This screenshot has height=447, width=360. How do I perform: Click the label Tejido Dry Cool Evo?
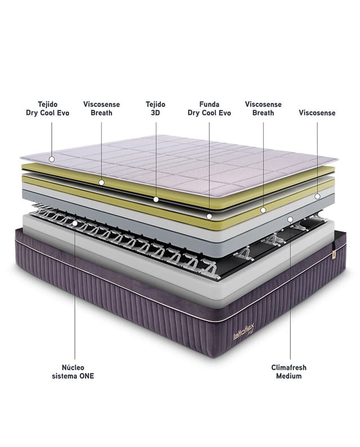[48, 108]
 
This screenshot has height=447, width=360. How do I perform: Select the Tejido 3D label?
[155, 108]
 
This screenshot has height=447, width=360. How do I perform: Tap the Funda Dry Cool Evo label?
[209, 108]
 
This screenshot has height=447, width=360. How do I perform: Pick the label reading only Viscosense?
[317, 113]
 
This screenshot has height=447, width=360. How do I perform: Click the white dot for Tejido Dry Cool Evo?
[52, 159]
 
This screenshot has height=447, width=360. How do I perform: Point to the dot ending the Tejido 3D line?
[156, 199]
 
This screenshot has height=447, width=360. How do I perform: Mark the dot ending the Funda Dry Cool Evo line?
[209, 216]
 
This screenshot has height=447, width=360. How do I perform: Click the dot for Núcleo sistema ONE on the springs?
[75, 223]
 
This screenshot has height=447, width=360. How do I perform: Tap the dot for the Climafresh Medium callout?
[290, 219]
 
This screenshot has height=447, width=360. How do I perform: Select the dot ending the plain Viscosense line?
[317, 196]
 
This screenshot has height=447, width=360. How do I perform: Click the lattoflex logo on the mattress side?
[244, 331]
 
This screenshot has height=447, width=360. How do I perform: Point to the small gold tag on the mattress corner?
[334, 255]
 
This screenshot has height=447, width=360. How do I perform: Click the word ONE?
[87, 376]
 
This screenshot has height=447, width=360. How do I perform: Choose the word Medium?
[289, 376]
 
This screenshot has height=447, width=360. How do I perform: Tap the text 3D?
[155, 113]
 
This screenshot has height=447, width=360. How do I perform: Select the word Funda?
[209, 104]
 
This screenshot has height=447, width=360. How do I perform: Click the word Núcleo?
[73, 367]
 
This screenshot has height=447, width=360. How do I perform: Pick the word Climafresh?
[289, 368]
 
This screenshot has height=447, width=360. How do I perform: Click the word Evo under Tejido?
[63, 113]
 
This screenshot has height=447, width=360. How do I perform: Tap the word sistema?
[64, 376]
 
